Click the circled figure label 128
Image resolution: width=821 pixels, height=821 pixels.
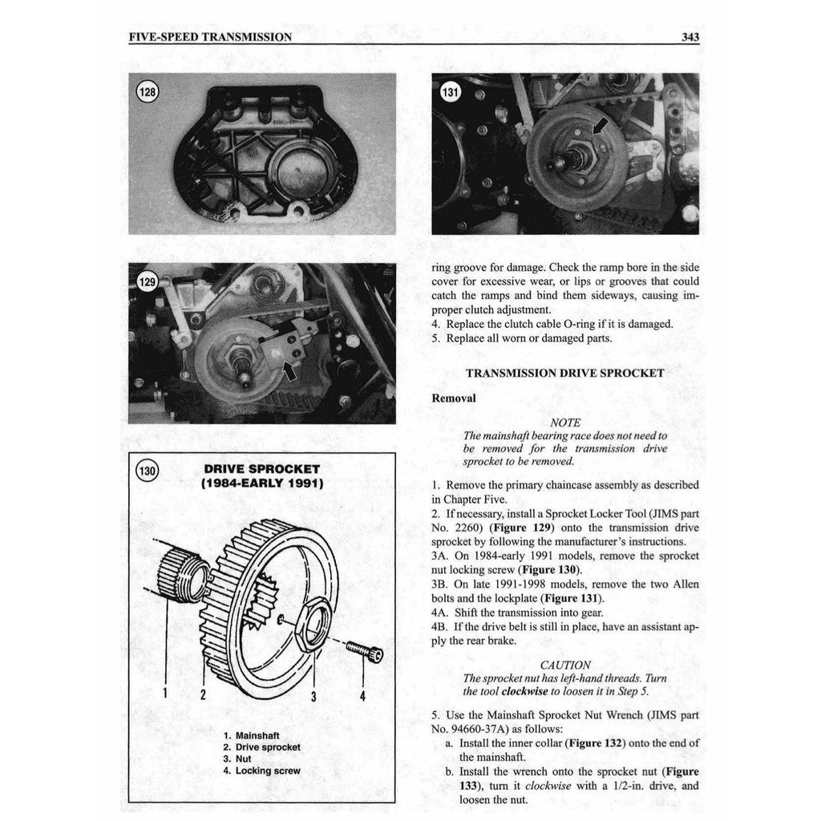pos(147,92)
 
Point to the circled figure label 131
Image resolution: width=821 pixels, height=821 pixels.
pos(451,93)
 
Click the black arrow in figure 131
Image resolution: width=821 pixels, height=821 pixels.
pos(598,126)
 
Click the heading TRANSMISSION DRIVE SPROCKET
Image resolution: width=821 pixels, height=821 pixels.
pos(565,373)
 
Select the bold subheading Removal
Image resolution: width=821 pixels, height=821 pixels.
pos(453,398)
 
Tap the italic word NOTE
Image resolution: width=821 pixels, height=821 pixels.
pos(565,422)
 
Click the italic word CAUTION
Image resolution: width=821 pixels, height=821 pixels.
pos(565,665)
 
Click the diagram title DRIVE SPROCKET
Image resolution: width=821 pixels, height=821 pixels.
pos(262,469)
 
